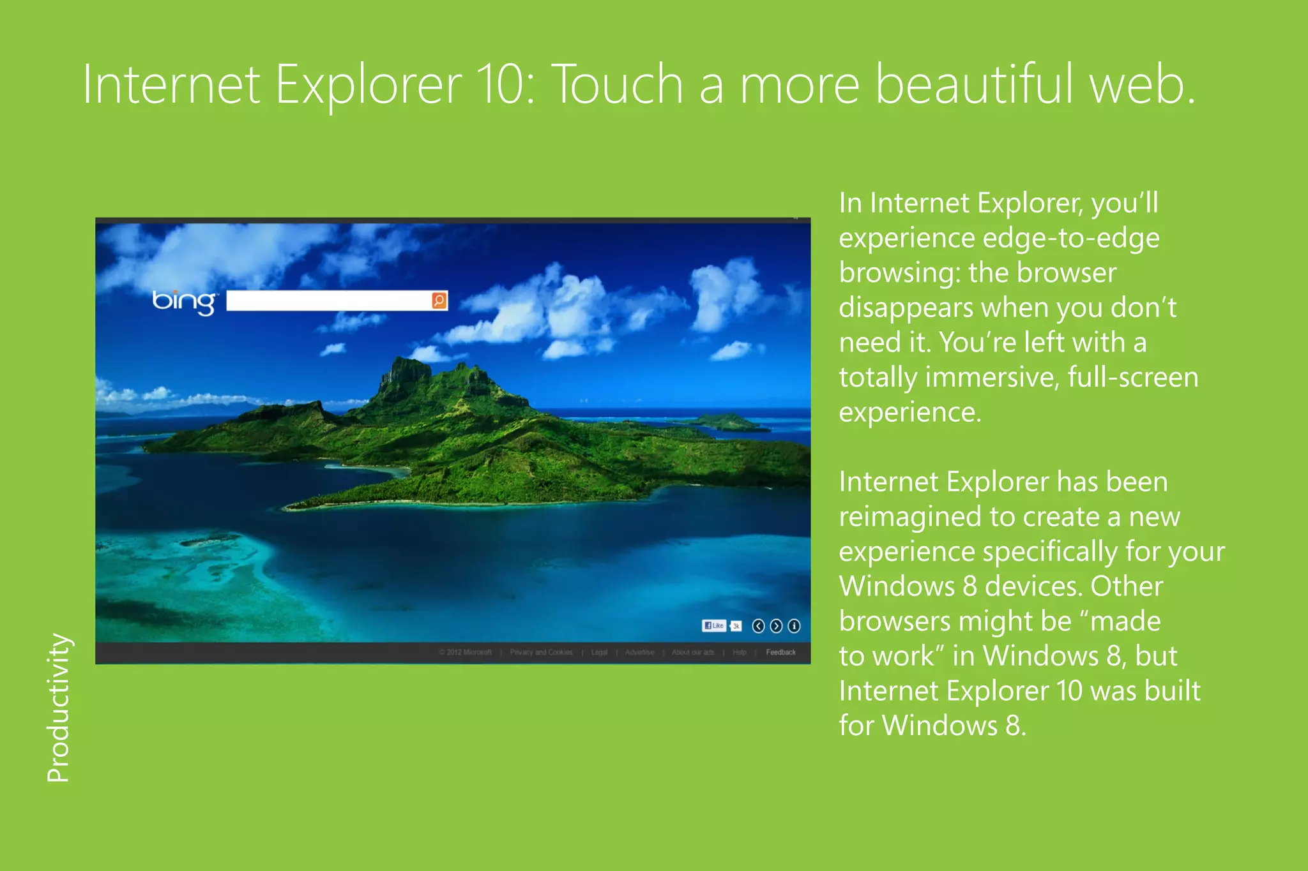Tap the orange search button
pyautogui.click(x=439, y=301)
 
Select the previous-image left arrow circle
pyautogui.click(x=758, y=626)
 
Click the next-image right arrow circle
pyautogui.click(x=776, y=626)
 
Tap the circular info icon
pyautogui.click(x=794, y=626)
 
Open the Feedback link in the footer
pyautogui.click(x=780, y=652)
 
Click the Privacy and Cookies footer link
pyautogui.click(x=541, y=652)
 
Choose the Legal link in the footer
pyautogui.click(x=599, y=652)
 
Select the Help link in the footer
pyautogui.click(x=740, y=652)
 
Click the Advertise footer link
pyautogui.click(x=639, y=652)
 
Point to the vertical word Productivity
pyautogui.click(x=58, y=707)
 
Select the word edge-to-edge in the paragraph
pyautogui.click(x=1070, y=238)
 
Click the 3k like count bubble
pyautogui.click(x=736, y=626)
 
